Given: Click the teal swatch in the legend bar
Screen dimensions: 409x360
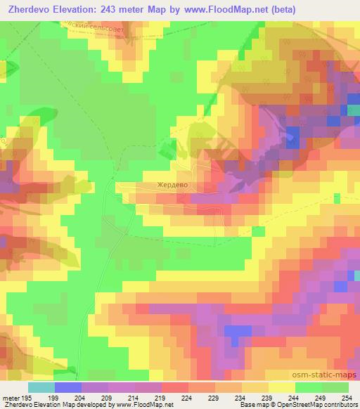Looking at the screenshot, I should (x=41, y=387).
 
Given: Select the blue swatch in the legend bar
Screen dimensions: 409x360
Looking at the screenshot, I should (x=68, y=387).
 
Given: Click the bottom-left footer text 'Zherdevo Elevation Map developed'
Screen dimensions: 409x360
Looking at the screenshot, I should (x=56, y=405).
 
